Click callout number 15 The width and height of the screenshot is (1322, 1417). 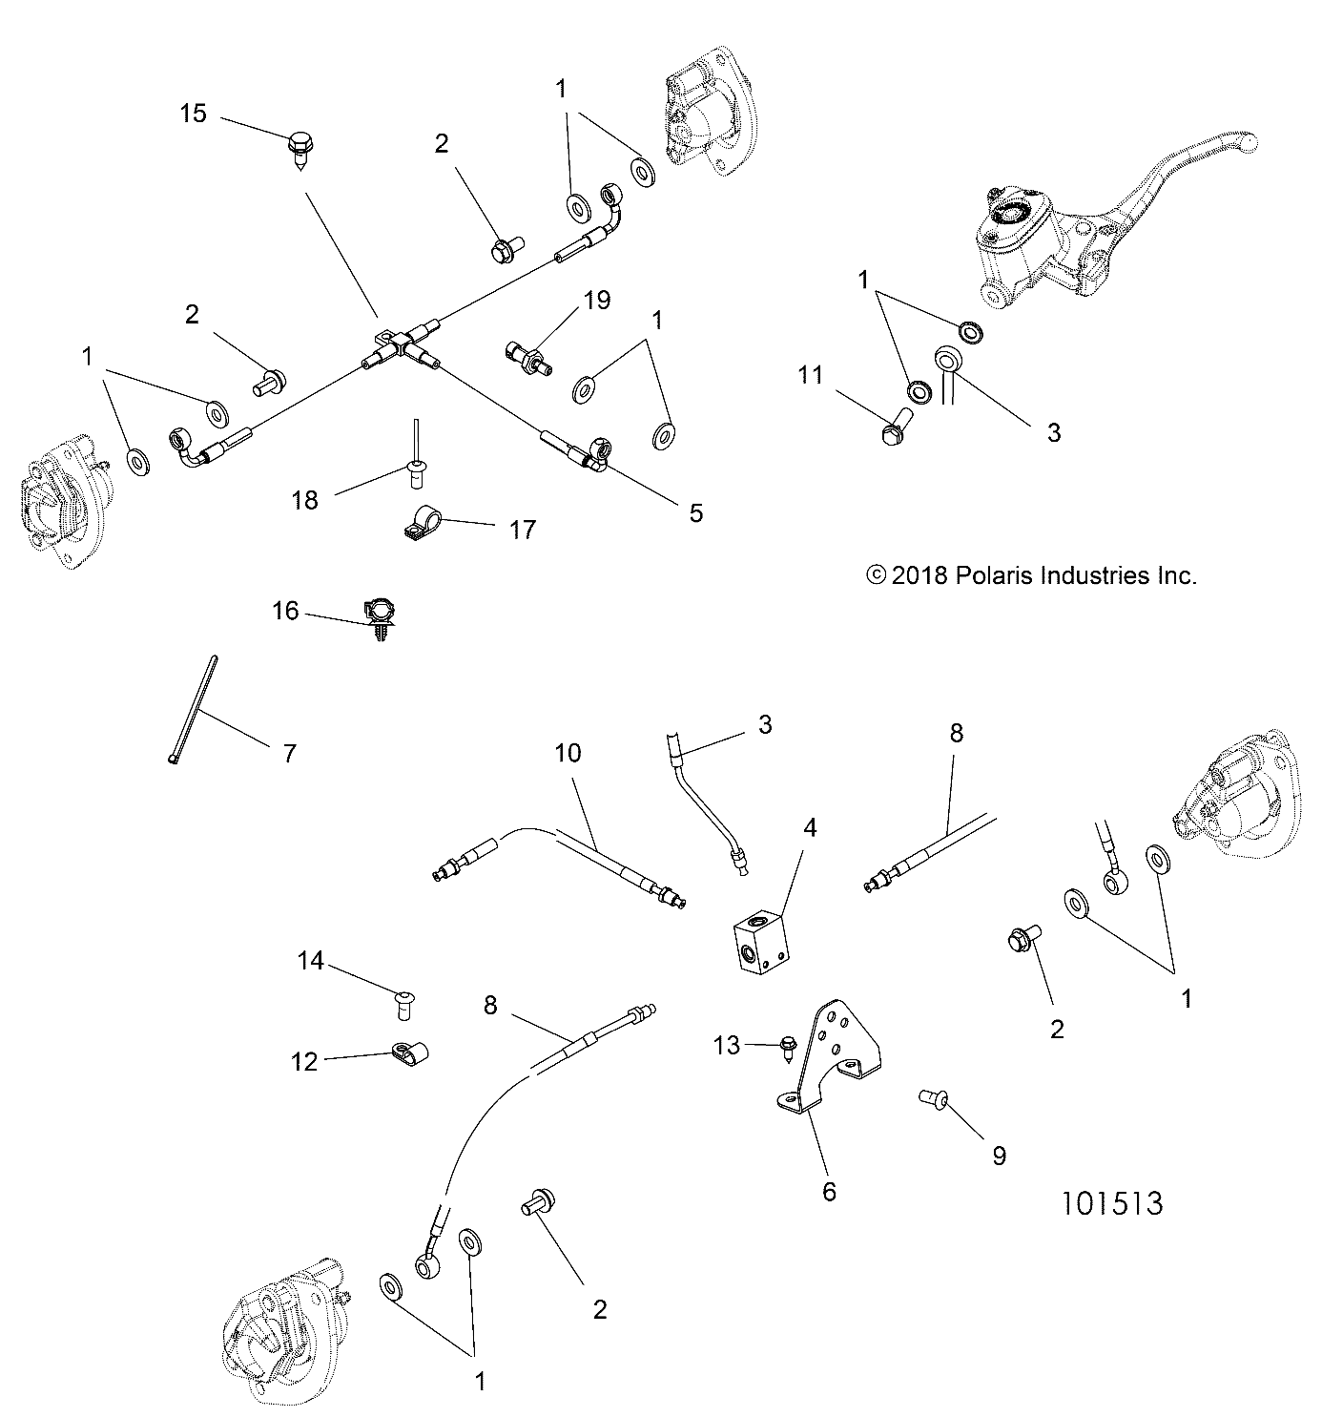[193, 114]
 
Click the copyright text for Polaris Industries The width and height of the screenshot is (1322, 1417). [1030, 575]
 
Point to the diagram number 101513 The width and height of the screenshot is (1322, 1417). [1112, 1202]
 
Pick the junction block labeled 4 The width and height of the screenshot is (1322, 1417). [764, 944]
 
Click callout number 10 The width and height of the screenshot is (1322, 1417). [568, 753]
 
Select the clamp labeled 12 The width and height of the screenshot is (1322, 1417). [408, 1054]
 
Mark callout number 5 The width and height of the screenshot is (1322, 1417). [695, 512]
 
